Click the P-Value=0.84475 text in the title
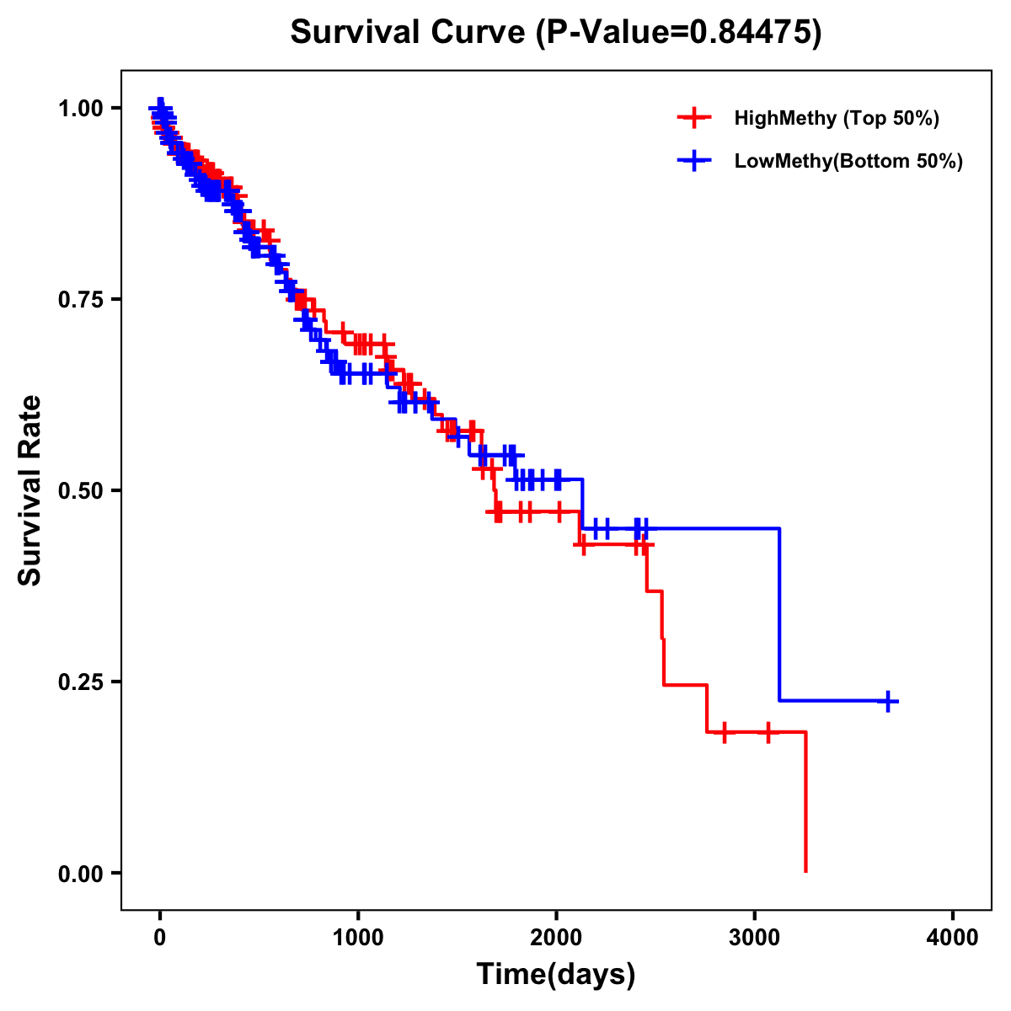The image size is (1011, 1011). coord(680,32)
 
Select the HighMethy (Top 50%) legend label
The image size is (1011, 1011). coord(837,118)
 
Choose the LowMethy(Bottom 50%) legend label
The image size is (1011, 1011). coord(848,161)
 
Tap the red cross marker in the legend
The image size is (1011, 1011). coord(693,118)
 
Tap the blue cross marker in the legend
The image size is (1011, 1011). coord(693,161)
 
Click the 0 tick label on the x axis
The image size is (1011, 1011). coord(160,938)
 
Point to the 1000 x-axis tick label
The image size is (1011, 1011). coord(358,938)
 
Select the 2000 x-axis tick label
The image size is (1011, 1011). coord(556,938)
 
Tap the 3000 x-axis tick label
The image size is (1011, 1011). coord(755,938)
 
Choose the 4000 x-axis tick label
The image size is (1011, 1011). coord(953,938)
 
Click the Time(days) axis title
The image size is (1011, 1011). coord(556,975)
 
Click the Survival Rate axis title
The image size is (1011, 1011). coord(30,490)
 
